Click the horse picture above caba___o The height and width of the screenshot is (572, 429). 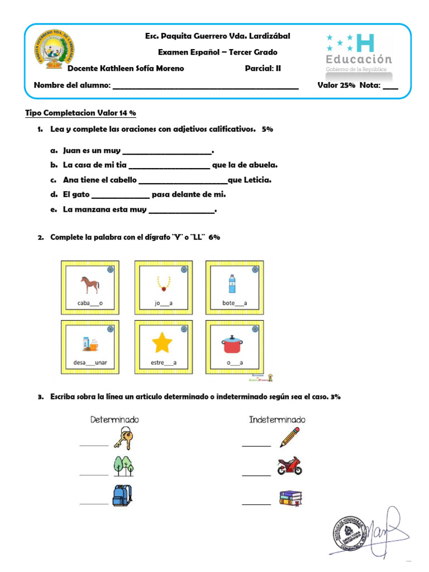89,284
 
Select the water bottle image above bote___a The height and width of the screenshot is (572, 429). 231,284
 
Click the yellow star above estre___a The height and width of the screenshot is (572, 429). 162,343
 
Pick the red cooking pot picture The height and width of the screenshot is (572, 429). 234,344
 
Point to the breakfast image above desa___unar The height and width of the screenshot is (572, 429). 90,344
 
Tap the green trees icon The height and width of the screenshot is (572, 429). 123,465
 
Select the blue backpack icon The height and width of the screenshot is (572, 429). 122,495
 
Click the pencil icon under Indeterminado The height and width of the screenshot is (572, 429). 289,437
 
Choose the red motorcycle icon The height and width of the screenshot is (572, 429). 289,466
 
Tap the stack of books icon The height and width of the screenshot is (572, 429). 290,497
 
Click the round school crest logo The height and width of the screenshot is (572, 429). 55,49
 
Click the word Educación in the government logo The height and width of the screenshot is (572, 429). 359,59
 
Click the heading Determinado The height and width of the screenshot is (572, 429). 115,420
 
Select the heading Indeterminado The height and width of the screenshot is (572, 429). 278,420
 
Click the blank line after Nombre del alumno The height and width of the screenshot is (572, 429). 206,87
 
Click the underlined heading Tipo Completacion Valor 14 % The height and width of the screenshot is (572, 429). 81,113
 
